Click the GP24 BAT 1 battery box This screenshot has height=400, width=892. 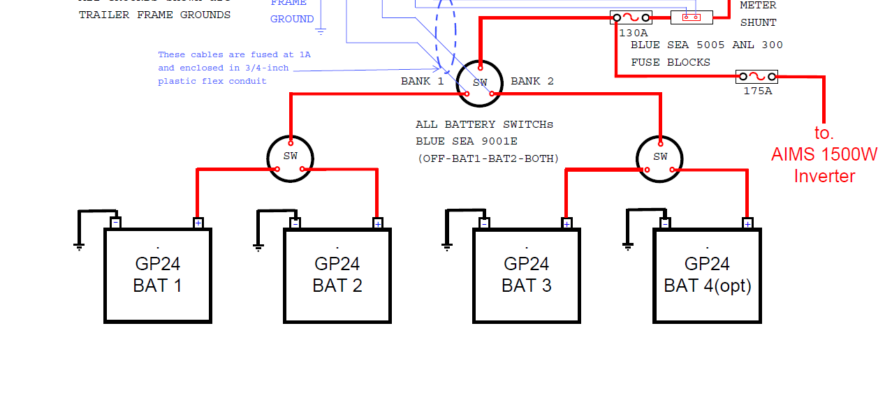(157, 276)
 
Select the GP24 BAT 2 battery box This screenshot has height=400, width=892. (337, 276)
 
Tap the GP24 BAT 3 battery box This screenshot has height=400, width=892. (526, 276)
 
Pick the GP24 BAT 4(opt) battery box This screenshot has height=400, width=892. (707, 276)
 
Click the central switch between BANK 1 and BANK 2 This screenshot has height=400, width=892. (480, 83)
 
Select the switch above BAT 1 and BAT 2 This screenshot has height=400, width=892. (291, 158)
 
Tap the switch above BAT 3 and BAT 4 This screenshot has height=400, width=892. (660, 158)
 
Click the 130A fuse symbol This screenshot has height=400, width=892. (631, 17)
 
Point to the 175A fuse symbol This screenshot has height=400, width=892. (756, 76)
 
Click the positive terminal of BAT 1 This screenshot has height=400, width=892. (198, 223)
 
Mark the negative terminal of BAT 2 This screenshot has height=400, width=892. (295, 223)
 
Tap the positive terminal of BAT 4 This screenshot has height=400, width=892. (747, 223)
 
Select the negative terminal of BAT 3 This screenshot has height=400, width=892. (484, 223)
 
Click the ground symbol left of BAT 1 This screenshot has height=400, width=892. (79, 245)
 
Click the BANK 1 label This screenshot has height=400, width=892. (422, 81)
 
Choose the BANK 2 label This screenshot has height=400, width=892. (532, 81)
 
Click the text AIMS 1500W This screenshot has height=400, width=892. (824, 154)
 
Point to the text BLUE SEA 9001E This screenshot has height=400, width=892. (467, 142)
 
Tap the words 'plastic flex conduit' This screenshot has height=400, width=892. (212, 81)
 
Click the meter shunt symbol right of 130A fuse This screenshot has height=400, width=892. (692, 17)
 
